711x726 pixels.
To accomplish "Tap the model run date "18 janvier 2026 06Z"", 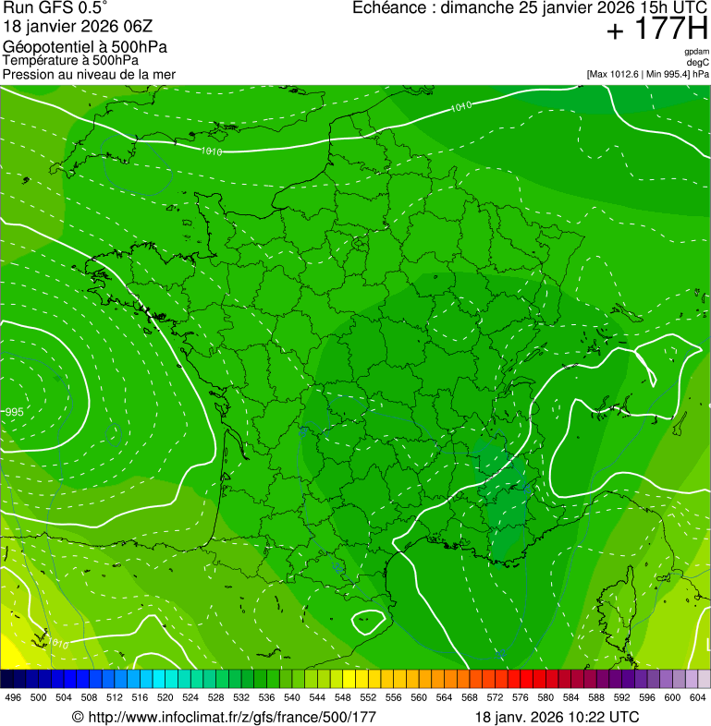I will click(x=72, y=27).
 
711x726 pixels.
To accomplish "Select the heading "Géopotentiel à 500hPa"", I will click(x=85, y=47).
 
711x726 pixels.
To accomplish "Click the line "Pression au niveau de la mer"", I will click(x=89, y=74).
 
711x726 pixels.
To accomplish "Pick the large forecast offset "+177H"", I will click(x=656, y=30).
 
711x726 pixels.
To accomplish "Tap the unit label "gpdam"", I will click(x=696, y=52).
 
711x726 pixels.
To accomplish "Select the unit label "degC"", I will click(x=698, y=63).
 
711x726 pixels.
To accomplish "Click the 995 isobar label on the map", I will click(x=14, y=411).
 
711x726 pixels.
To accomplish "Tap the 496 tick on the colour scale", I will click(x=13, y=698).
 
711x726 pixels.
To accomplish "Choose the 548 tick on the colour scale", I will click(x=342, y=698).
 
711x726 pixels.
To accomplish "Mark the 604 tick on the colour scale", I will click(x=697, y=698).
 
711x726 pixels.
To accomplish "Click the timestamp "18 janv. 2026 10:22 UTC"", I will click(x=557, y=717).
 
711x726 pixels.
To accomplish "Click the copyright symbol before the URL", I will click(x=78, y=717).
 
